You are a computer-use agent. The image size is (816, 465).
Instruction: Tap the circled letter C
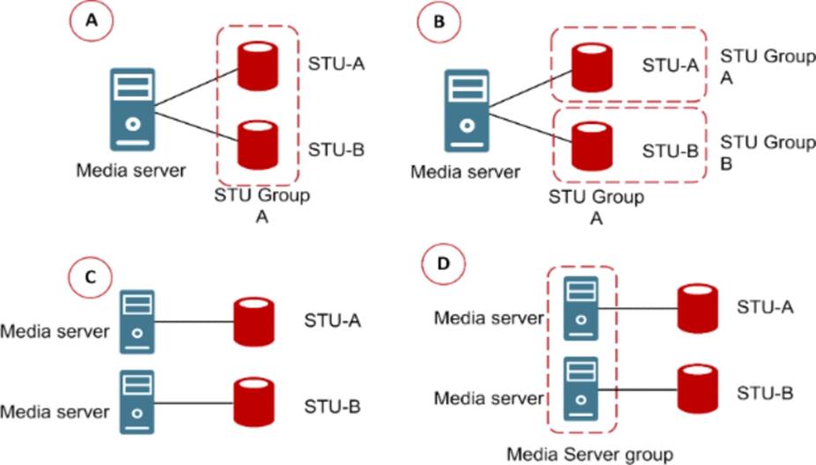coord(89,276)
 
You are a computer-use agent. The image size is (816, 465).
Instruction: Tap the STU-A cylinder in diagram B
coord(589,63)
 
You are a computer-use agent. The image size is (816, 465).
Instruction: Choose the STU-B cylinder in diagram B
coord(589,145)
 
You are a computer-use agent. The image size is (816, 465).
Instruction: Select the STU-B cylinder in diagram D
coord(699,388)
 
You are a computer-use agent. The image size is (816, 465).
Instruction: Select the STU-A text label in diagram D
coord(764,308)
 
